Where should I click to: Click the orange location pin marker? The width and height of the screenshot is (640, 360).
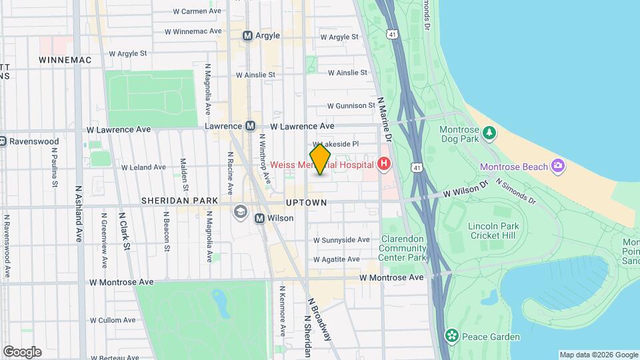(321, 159)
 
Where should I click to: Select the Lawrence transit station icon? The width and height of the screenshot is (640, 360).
(251, 125)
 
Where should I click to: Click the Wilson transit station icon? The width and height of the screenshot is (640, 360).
(260, 218)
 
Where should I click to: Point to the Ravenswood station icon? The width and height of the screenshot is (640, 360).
(3, 141)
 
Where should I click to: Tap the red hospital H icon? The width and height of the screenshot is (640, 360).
(383, 163)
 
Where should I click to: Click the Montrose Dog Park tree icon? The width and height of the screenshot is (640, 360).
(490, 132)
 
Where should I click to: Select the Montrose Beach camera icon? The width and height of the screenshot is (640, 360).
(557, 166)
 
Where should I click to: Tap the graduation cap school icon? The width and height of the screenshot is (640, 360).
(239, 212)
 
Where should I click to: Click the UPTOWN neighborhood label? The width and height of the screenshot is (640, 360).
(306, 202)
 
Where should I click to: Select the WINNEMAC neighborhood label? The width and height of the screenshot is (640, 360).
(65, 60)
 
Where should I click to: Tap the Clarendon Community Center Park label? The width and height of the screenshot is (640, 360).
(403, 248)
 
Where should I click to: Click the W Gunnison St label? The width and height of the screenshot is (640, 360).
(351, 105)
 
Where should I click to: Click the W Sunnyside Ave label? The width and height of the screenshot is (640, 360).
(341, 239)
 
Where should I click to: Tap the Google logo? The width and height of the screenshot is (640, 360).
(22, 351)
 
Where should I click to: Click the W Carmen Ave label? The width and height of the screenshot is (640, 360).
(197, 11)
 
